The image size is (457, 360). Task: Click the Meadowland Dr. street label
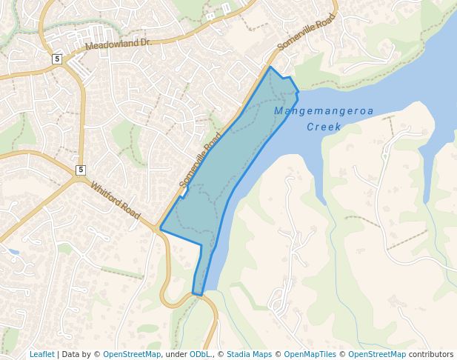118,44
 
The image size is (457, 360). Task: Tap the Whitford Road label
115,200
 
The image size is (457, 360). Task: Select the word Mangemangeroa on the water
324,111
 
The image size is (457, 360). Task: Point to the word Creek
324,127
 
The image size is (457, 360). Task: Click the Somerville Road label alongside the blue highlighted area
200,161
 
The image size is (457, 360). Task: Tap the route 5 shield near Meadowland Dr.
57,59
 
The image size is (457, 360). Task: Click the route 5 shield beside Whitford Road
80,170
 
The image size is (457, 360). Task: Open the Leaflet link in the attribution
41,354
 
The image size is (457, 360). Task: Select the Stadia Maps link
249,354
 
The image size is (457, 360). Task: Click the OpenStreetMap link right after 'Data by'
132,354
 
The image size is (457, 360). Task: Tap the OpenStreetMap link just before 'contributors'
377,354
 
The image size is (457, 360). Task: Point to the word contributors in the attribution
431,354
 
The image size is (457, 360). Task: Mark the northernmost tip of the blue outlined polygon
270,67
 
